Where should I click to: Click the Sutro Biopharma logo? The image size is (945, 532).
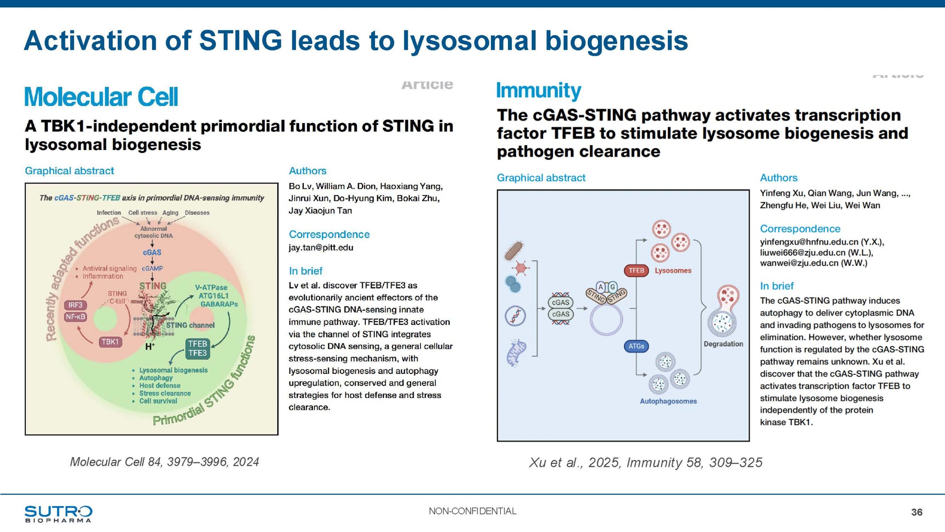(58, 514)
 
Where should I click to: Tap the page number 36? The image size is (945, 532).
(917, 512)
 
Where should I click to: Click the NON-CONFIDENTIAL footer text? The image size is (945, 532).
(472, 511)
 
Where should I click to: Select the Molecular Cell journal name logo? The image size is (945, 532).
(101, 97)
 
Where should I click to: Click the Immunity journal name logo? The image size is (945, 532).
(538, 91)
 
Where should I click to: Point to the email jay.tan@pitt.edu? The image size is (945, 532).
(321, 248)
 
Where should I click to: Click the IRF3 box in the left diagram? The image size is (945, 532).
(75, 305)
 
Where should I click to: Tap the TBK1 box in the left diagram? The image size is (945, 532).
(110, 342)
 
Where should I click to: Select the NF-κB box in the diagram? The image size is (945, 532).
(75, 317)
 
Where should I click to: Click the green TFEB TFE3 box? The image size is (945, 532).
(197, 348)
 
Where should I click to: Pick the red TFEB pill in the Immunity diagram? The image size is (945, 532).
(636, 270)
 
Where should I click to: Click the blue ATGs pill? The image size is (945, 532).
(636, 346)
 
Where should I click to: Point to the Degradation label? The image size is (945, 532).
(723, 344)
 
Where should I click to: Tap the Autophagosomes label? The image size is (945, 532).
(668, 401)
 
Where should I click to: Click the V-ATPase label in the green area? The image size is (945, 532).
(211, 287)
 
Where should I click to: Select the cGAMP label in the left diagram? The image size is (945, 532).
(152, 269)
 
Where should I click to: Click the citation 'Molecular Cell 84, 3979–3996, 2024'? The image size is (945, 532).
(164, 462)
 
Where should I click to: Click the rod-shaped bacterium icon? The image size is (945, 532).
(514, 250)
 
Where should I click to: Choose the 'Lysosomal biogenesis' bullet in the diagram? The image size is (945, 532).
(173, 370)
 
